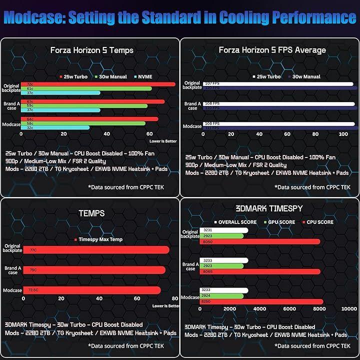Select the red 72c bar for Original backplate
(98, 84)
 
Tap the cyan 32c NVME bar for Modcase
(55, 127)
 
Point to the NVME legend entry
(143, 77)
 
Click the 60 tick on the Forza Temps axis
(149, 134)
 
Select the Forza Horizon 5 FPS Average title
(272, 50)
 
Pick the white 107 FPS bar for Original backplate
(275, 83)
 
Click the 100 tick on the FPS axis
(343, 134)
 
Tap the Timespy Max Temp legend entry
(100, 239)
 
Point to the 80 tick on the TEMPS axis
(174, 298)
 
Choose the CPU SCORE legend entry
(319, 222)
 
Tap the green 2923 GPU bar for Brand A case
(221, 266)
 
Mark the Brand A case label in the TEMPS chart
(12, 270)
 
